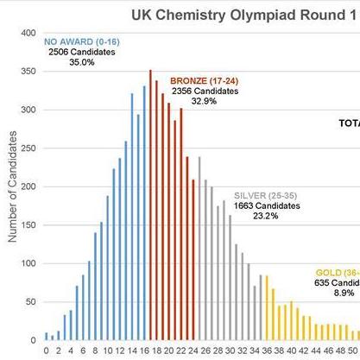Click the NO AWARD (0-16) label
[81, 41]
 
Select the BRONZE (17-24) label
[205, 79]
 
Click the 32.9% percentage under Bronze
[205, 102]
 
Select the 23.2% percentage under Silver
[266, 217]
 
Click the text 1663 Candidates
[267, 205]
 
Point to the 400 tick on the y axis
[28, 33]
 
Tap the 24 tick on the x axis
[193, 351]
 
